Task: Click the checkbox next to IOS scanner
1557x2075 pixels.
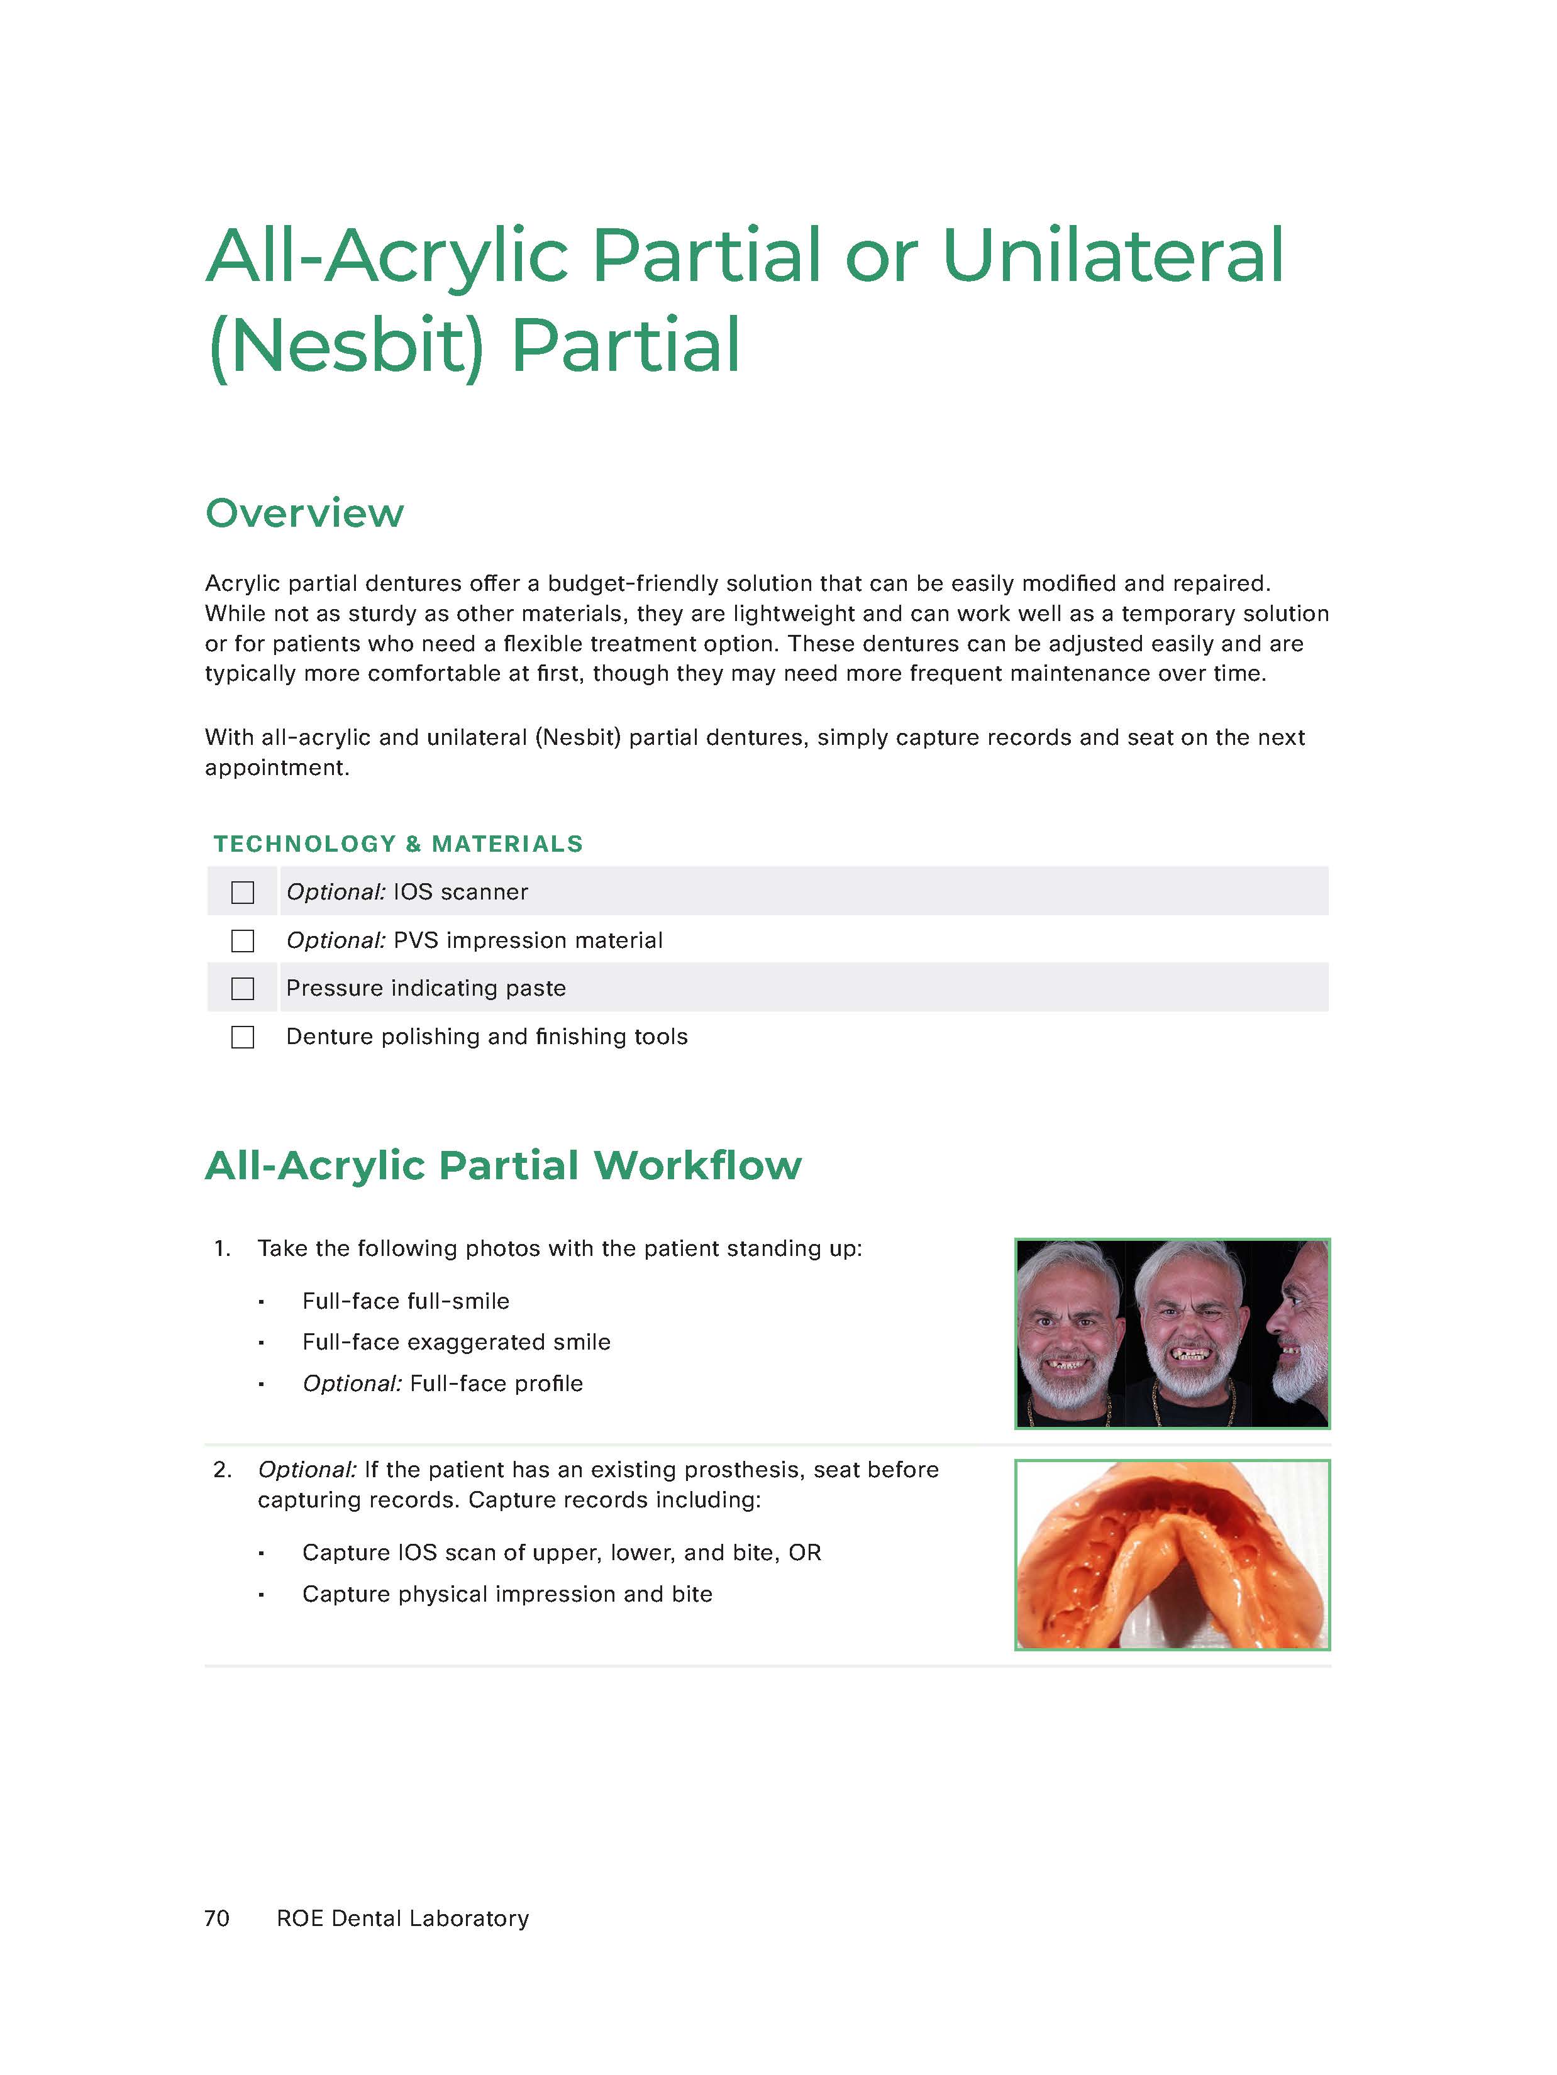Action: [x=242, y=892]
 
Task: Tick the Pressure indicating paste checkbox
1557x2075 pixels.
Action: [x=242, y=989]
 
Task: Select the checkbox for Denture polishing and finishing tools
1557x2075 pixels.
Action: [x=242, y=1037]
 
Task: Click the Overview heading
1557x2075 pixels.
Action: [x=304, y=513]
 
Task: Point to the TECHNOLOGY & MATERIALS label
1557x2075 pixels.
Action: [x=398, y=844]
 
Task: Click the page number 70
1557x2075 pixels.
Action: [x=217, y=1918]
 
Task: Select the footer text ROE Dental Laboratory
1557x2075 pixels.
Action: [x=402, y=1918]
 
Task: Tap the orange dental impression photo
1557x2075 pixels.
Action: [x=1172, y=1555]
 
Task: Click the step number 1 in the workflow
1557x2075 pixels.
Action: [x=221, y=1248]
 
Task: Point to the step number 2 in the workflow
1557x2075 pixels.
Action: [x=221, y=1470]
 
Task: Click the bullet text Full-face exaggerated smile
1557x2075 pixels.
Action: [x=456, y=1343]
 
